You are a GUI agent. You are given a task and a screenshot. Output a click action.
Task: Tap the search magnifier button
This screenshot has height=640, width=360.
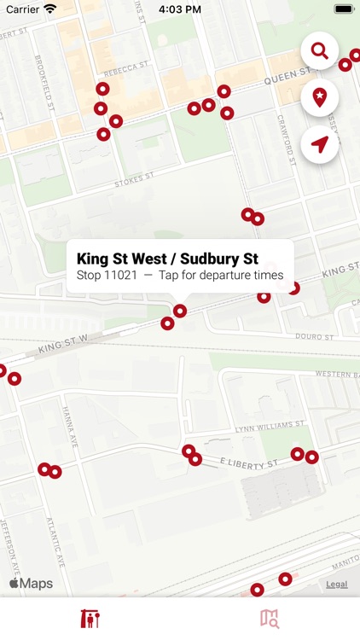[320, 51]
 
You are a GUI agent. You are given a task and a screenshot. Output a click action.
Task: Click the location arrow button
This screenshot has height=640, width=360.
[320, 145]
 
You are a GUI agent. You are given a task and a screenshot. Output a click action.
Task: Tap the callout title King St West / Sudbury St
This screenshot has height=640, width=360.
[167, 259]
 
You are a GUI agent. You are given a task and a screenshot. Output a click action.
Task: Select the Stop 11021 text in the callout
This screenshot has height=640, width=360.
[107, 276]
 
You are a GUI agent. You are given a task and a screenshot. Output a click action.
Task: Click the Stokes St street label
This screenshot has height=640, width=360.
[135, 180]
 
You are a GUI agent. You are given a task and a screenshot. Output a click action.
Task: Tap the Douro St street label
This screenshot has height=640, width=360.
[312, 337]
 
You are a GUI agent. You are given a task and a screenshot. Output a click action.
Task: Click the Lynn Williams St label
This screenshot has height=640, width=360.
[270, 424]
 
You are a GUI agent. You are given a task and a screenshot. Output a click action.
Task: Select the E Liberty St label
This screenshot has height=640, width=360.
[250, 463]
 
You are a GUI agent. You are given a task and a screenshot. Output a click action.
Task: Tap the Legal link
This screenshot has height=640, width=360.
[336, 585]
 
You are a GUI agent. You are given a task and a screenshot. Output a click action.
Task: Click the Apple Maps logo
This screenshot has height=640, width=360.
[31, 584]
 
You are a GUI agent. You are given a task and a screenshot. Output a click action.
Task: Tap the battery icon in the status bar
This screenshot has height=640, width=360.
[344, 9]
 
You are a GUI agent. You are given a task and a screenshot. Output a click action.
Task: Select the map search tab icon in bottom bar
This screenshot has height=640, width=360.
[270, 619]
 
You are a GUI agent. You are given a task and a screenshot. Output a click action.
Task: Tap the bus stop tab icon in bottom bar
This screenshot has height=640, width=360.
[90, 619]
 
